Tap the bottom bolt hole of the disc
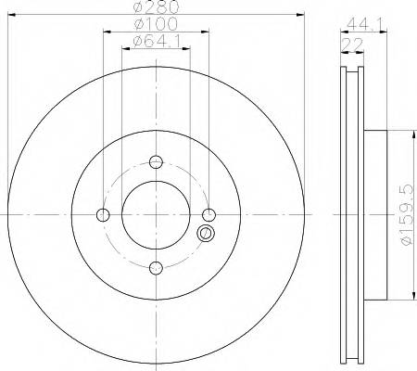[156, 269]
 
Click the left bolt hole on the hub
[103, 216]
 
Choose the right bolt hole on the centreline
[208, 216]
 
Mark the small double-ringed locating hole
[206, 234]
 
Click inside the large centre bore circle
[156, 216]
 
